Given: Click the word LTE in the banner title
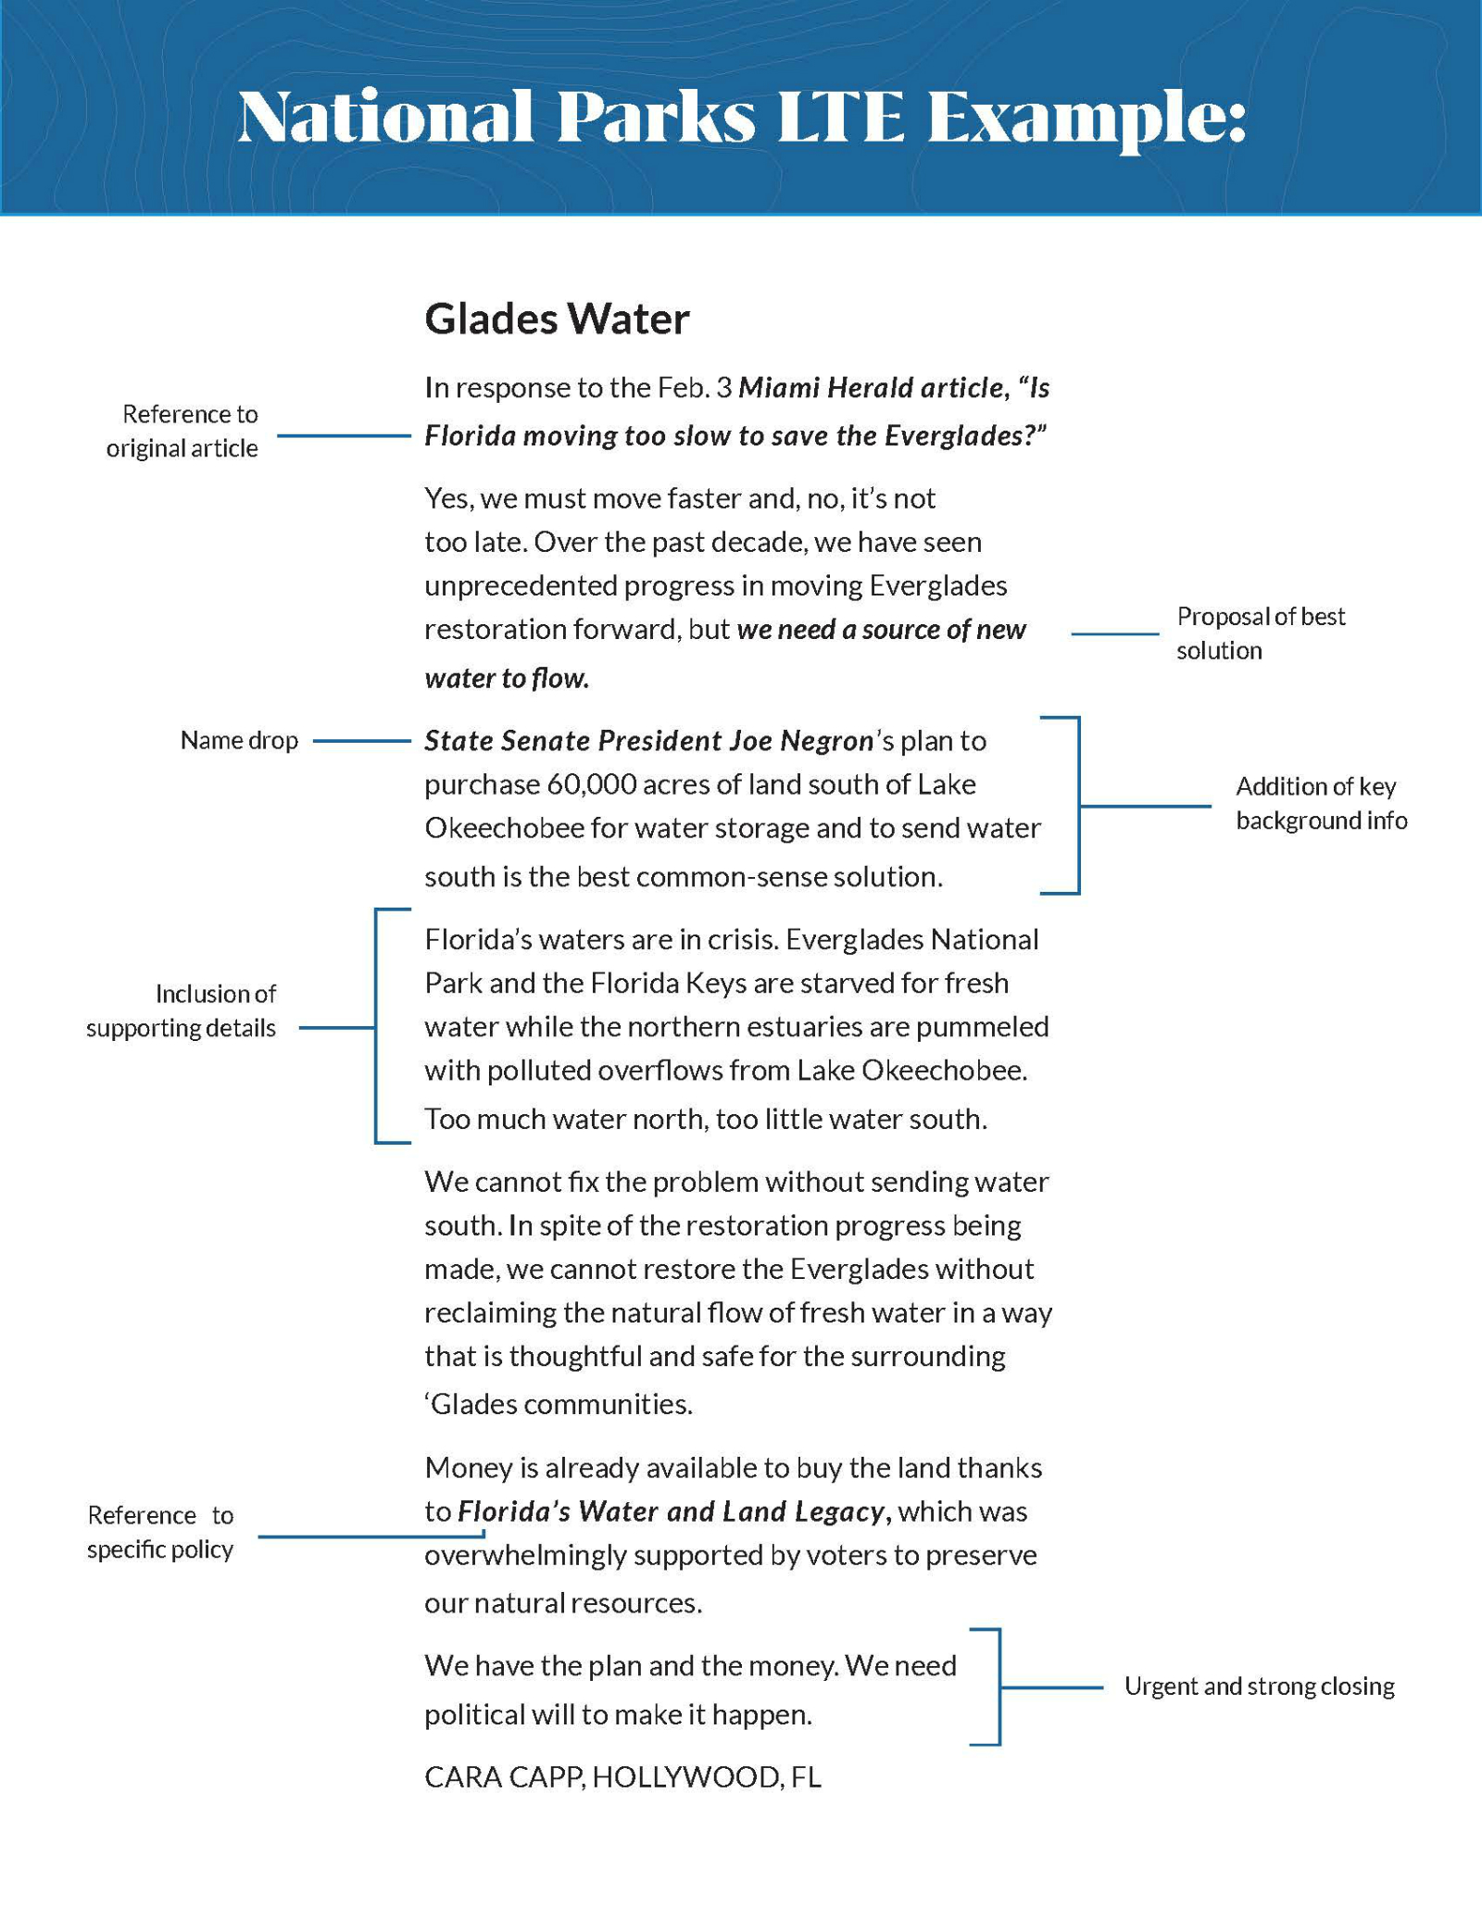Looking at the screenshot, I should (x=839, y=118).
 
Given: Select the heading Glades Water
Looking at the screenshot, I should (x=557, y=320).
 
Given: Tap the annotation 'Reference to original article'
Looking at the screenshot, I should (x=182, y=431).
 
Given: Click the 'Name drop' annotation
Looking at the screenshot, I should (x=239, y=741).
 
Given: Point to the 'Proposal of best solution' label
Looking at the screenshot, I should (x=1260, y=633).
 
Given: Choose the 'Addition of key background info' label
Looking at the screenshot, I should (x=1321, y=804).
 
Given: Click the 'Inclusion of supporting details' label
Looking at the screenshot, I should (x=182, y=1010).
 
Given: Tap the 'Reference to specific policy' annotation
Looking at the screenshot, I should (x=160, y=1532).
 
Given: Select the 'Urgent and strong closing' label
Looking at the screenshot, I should (x=1259, y=1686).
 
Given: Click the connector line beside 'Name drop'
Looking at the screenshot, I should (x=361, y=741).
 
